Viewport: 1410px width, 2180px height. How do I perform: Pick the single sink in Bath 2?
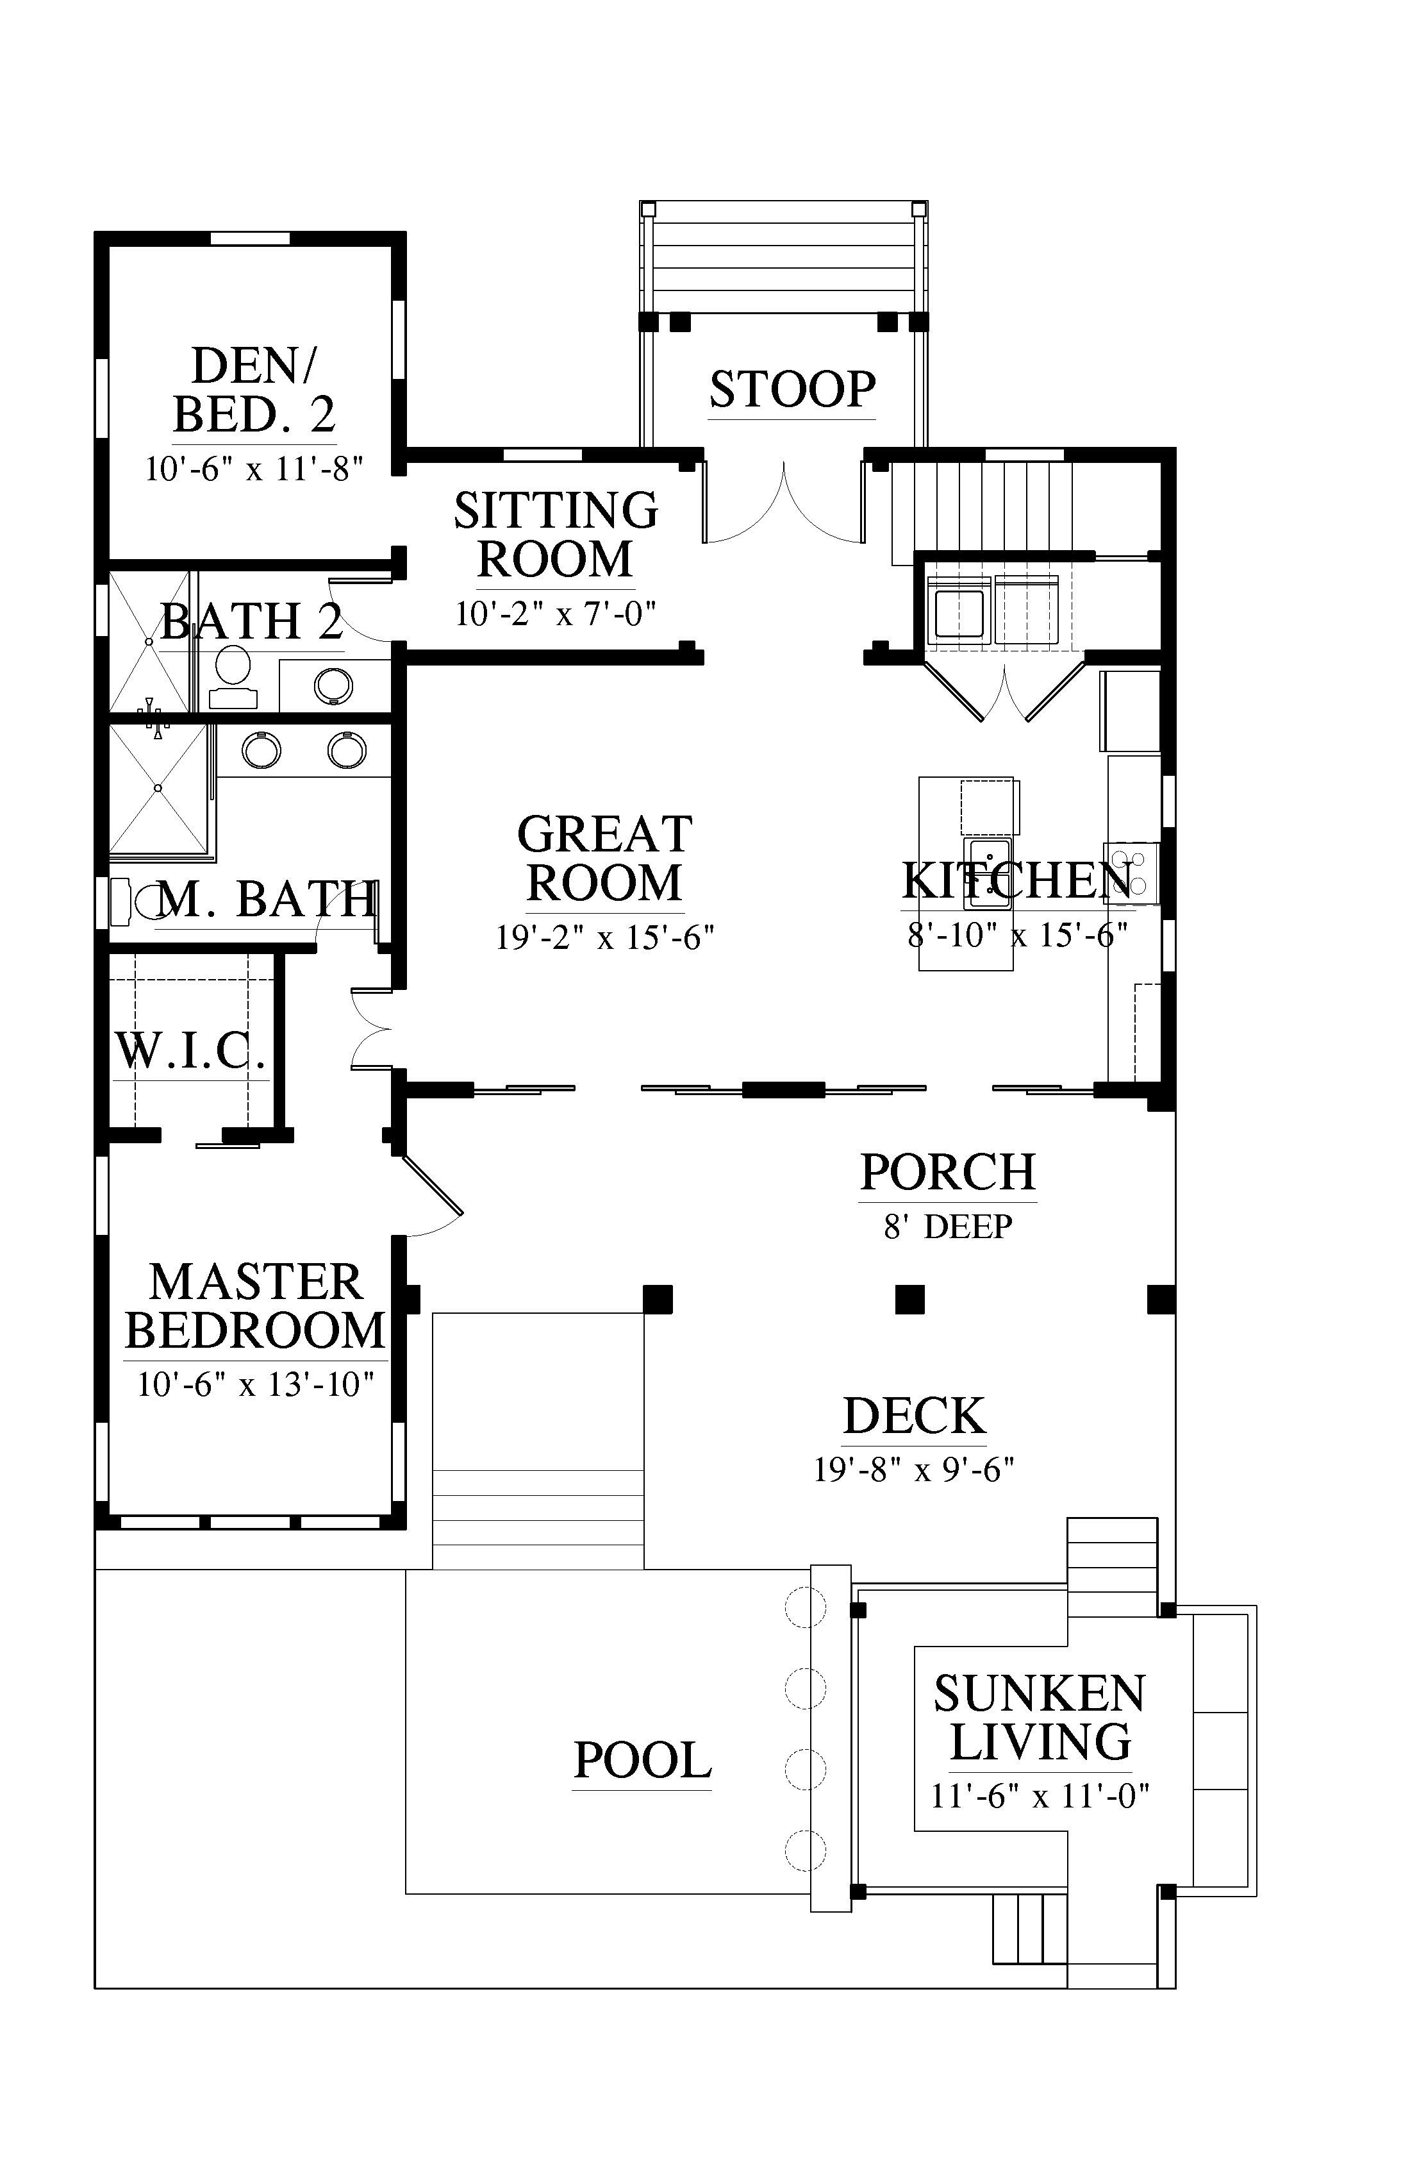(333, 686)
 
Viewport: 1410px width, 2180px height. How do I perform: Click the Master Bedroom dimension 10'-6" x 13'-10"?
(256, 1384)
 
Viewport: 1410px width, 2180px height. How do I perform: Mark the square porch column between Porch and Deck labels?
(909, 1299)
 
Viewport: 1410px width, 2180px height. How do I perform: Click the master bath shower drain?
(158, 788)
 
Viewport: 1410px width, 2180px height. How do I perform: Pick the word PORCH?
(948, 1173)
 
